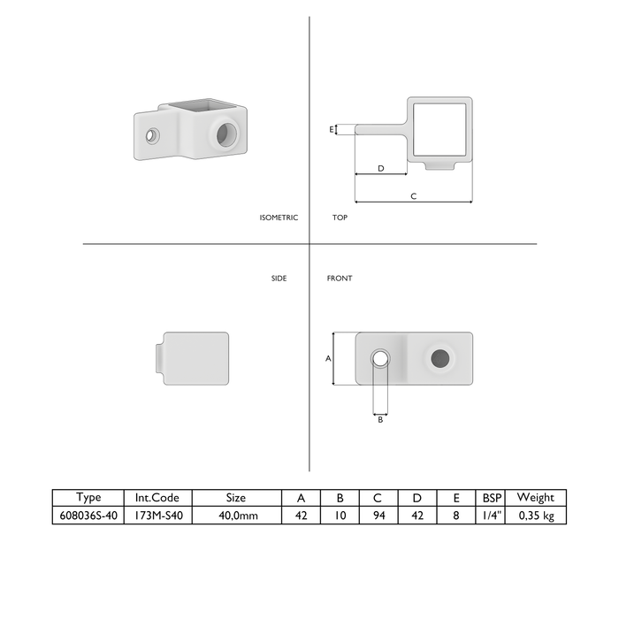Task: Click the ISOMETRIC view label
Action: (x=279, y=218)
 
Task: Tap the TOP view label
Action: (x=340, y=218)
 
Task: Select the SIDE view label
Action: (x=279, y=279)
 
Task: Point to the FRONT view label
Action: (x=340, y=279)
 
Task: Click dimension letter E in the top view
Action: (x=332, y=129)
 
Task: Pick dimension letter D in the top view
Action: (x=381, y=169)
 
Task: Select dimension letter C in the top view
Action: (x=413, y=196)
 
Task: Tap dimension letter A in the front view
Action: (x=328, y=358)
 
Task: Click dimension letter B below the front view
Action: (x=380, y=420)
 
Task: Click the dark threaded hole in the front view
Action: (x=440, y=358)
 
